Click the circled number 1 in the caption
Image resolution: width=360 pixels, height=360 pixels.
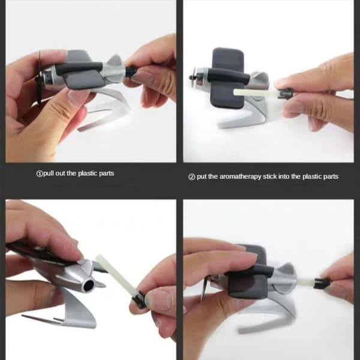pyautogui.click(x=39, y=174)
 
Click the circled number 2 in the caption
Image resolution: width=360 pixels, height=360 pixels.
pyautogui.click(x=191, y=177)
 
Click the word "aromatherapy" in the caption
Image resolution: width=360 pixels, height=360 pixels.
pyautogui.click(x=240, y=177)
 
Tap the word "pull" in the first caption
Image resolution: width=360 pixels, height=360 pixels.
pyautogui.click(x=48, y=173)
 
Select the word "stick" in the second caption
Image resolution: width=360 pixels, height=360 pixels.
pyautogui.click(x=269, y=176)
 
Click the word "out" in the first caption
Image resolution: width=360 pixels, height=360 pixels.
pyautogui.click(x=60, y=173)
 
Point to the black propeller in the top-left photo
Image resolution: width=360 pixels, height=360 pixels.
pyautogui.click(x=39, y=78)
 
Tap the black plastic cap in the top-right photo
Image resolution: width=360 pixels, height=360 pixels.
pyautogui.click(x=284, y=93)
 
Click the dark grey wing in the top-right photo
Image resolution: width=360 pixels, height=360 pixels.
pyautogui.click(x=228, y=78)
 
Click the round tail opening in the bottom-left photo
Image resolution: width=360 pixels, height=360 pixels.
pyautogui.click(x=89, y=285)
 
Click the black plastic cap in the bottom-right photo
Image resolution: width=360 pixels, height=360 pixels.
pyautogui.click(x=322, y=283)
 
